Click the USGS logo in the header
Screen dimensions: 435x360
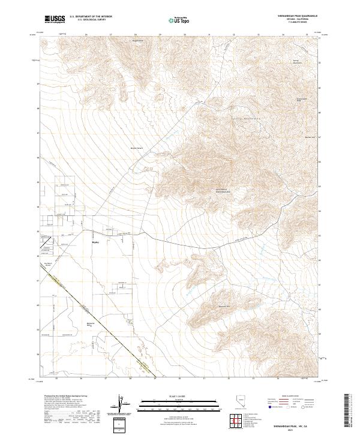tap(55, 19)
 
